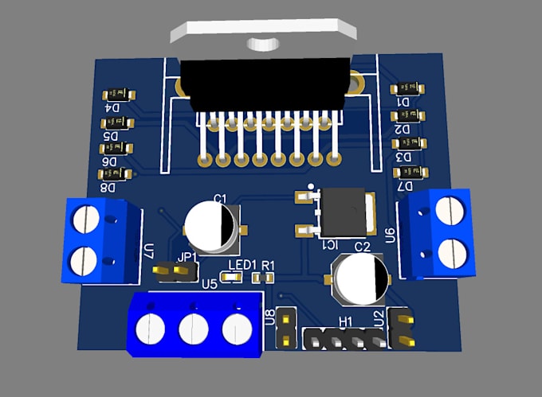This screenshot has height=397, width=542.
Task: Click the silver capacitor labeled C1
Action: point(212,227)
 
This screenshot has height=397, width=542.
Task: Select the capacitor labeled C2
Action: point(362,278)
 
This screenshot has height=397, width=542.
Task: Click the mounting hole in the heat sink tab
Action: point(261,42)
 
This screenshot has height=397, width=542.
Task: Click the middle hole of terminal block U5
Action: point(193,328)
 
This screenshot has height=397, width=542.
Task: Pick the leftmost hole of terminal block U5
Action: point(149,327)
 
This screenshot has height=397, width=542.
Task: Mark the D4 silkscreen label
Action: point(112,108)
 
